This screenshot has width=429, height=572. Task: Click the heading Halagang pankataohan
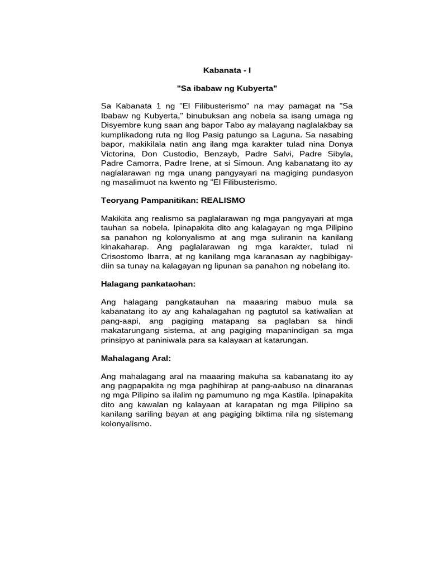(148, 284)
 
